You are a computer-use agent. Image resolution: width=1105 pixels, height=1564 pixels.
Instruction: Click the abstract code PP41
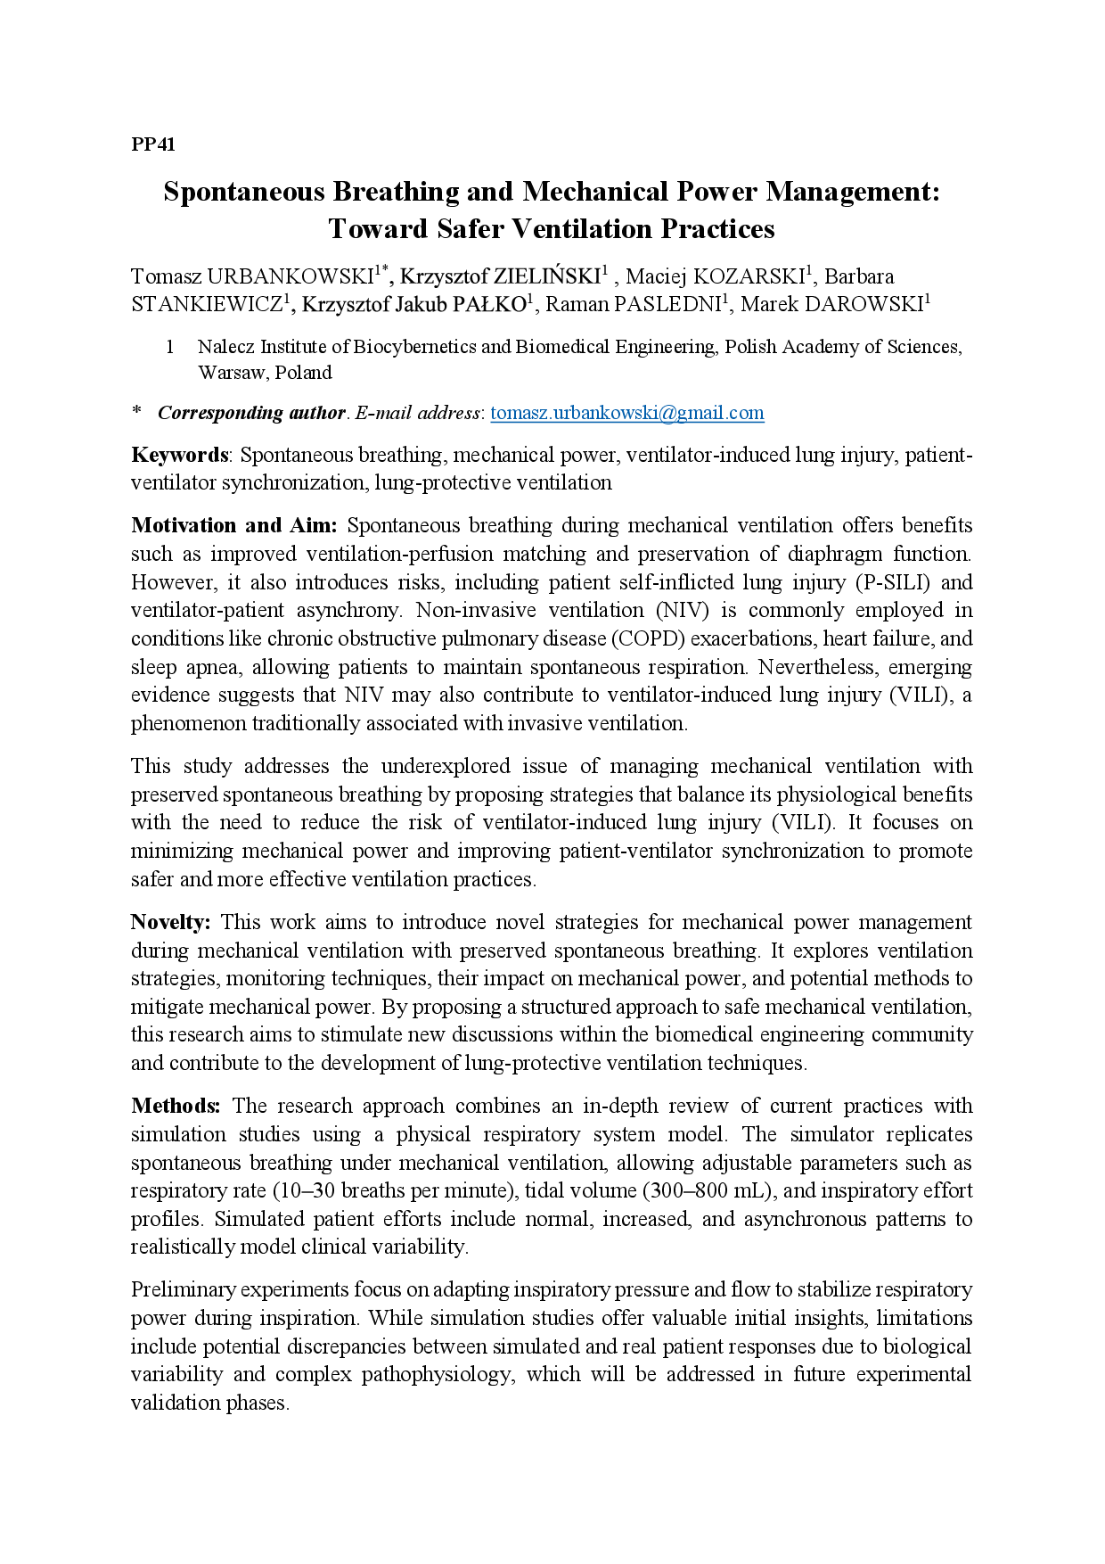(x=153, y=144)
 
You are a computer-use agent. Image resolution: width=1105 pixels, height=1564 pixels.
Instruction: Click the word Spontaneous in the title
(x=243, y=192)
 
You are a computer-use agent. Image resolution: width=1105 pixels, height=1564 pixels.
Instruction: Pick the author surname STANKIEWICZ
(x=207, y=305)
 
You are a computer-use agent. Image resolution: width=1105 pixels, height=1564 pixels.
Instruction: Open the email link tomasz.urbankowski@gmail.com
(x=626, y=413)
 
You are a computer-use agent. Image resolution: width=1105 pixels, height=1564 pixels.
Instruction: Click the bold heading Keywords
(x=180, y=455)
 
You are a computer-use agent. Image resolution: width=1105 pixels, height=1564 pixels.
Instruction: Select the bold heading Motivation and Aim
(x=233, y=525)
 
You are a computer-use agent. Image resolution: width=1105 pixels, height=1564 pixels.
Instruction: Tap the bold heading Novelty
(x=170, y=922)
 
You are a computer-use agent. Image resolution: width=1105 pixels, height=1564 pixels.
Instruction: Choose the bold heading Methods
(x=176, y=1106)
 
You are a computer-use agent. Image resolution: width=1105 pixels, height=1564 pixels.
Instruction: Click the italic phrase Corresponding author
(x=251, y=413)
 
